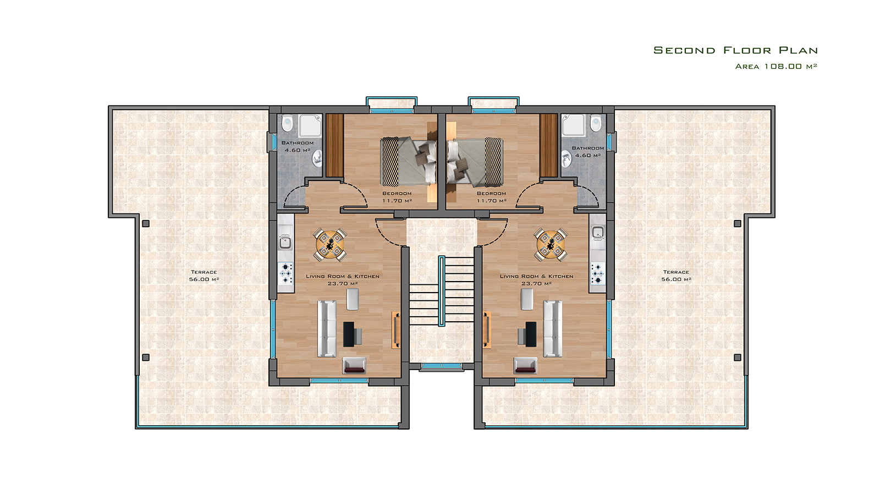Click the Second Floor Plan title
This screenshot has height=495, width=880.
[735, 50]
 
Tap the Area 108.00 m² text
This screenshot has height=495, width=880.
[776, 67]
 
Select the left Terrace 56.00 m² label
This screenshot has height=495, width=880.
[204, 276]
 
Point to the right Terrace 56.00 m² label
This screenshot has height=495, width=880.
[676, 276]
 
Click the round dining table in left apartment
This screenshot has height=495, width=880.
[330, 244]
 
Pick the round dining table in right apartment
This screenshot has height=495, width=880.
[551, 244]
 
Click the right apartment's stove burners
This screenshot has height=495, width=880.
[597, 273]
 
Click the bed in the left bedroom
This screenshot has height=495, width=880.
[409, 162]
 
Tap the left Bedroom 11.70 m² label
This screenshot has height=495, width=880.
[397, 197]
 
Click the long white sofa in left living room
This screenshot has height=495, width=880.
[327, 329]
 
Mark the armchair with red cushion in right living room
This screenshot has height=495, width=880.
[526, 365]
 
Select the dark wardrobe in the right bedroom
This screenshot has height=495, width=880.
[548, 145]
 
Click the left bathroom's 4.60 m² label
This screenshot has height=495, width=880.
[298, 150]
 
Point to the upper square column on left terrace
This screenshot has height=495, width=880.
[146, 223]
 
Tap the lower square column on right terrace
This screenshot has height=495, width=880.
[738, 358]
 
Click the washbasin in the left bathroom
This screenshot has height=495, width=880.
[317, 159]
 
